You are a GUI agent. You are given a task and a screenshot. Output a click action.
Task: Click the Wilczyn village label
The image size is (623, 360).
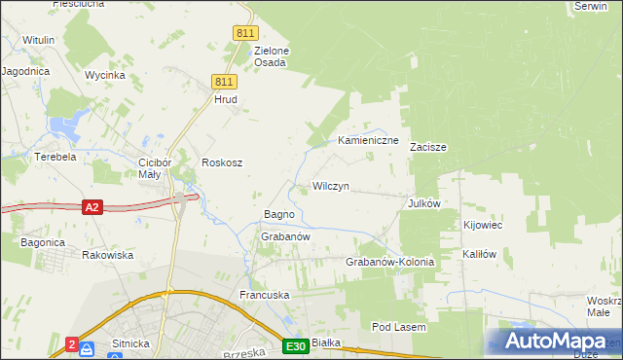[x=330, y=185]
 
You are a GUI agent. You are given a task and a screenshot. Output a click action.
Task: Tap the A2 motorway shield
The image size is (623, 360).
[x=92, y=206]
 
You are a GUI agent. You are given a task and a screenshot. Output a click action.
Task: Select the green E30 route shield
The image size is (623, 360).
[x=297, y=345]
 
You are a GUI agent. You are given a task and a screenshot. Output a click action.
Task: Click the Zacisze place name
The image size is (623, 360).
[x=427, y=147]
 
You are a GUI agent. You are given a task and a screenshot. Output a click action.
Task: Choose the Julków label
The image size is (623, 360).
[x=425, y=203]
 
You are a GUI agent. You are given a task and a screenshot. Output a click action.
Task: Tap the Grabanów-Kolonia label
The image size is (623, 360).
[x=389, y=263]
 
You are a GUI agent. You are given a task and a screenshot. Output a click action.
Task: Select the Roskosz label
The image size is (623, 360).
[x=221, y=162]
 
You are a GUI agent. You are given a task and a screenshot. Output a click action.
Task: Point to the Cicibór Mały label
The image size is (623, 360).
[x=156, y=167]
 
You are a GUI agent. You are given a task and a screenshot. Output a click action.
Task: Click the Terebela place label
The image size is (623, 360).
[x=55, y=156]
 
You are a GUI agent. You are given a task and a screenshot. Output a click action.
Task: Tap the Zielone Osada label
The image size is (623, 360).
[x=272, y=56]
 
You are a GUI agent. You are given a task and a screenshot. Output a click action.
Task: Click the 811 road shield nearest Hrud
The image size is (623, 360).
[x=225, y=83]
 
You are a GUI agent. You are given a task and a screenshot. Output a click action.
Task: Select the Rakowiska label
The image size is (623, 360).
[x=108, y=255]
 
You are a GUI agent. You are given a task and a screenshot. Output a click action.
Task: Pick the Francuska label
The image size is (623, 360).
[x=266, y=294]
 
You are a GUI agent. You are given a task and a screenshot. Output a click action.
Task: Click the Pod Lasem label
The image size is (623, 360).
[x=399, y=328]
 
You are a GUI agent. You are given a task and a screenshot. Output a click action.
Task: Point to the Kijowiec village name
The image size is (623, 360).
[x=482, y=225]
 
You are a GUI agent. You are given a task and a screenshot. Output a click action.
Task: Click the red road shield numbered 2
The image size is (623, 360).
[x=72, y=343]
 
